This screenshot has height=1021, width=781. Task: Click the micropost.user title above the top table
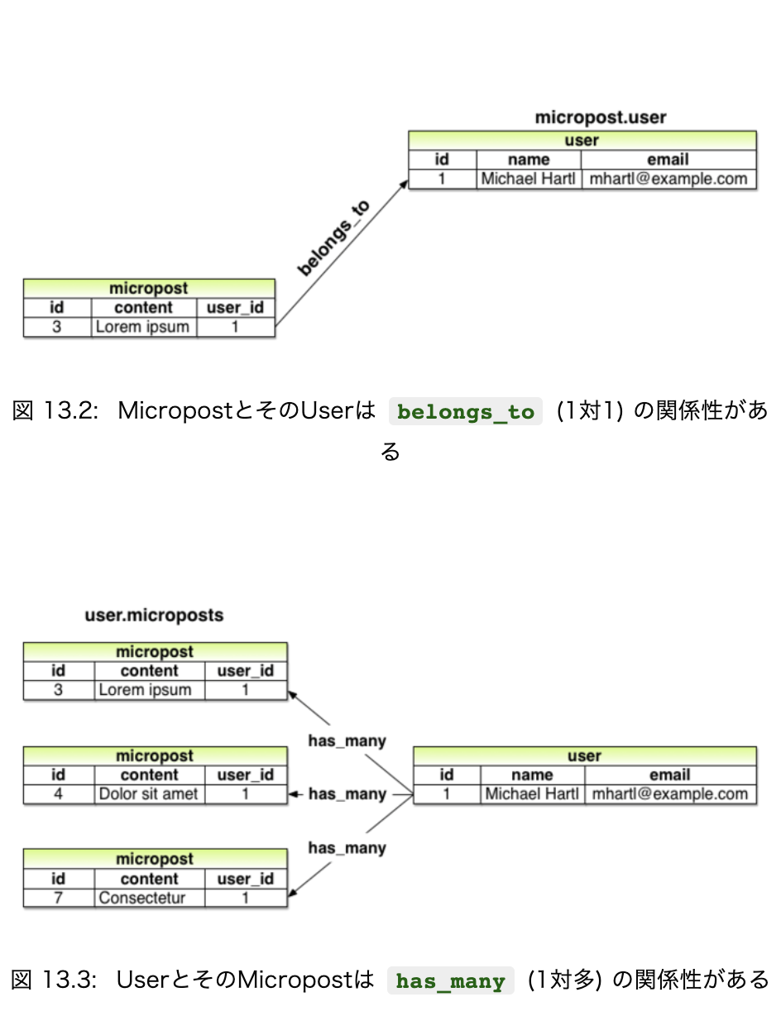600,117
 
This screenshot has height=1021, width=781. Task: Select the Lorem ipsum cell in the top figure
142,327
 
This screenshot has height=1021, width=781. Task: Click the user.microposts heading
154,616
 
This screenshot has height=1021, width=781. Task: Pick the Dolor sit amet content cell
149,794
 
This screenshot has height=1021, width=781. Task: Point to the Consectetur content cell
142,898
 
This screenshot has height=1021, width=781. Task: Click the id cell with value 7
58,898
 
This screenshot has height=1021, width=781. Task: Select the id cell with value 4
58,794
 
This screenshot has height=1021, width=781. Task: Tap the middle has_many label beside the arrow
347,794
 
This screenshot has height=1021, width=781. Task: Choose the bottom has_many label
347,848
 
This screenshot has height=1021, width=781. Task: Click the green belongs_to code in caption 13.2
466,412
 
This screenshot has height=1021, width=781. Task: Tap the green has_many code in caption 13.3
451,982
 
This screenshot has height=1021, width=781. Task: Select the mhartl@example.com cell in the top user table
668,179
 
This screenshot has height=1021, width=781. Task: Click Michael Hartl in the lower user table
532,794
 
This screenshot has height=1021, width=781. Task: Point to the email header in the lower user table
669,775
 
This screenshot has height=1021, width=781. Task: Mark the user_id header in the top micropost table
235,308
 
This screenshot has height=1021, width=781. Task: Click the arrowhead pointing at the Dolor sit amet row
292,794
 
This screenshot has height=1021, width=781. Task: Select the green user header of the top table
582,140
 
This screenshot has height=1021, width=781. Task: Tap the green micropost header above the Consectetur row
155,859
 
